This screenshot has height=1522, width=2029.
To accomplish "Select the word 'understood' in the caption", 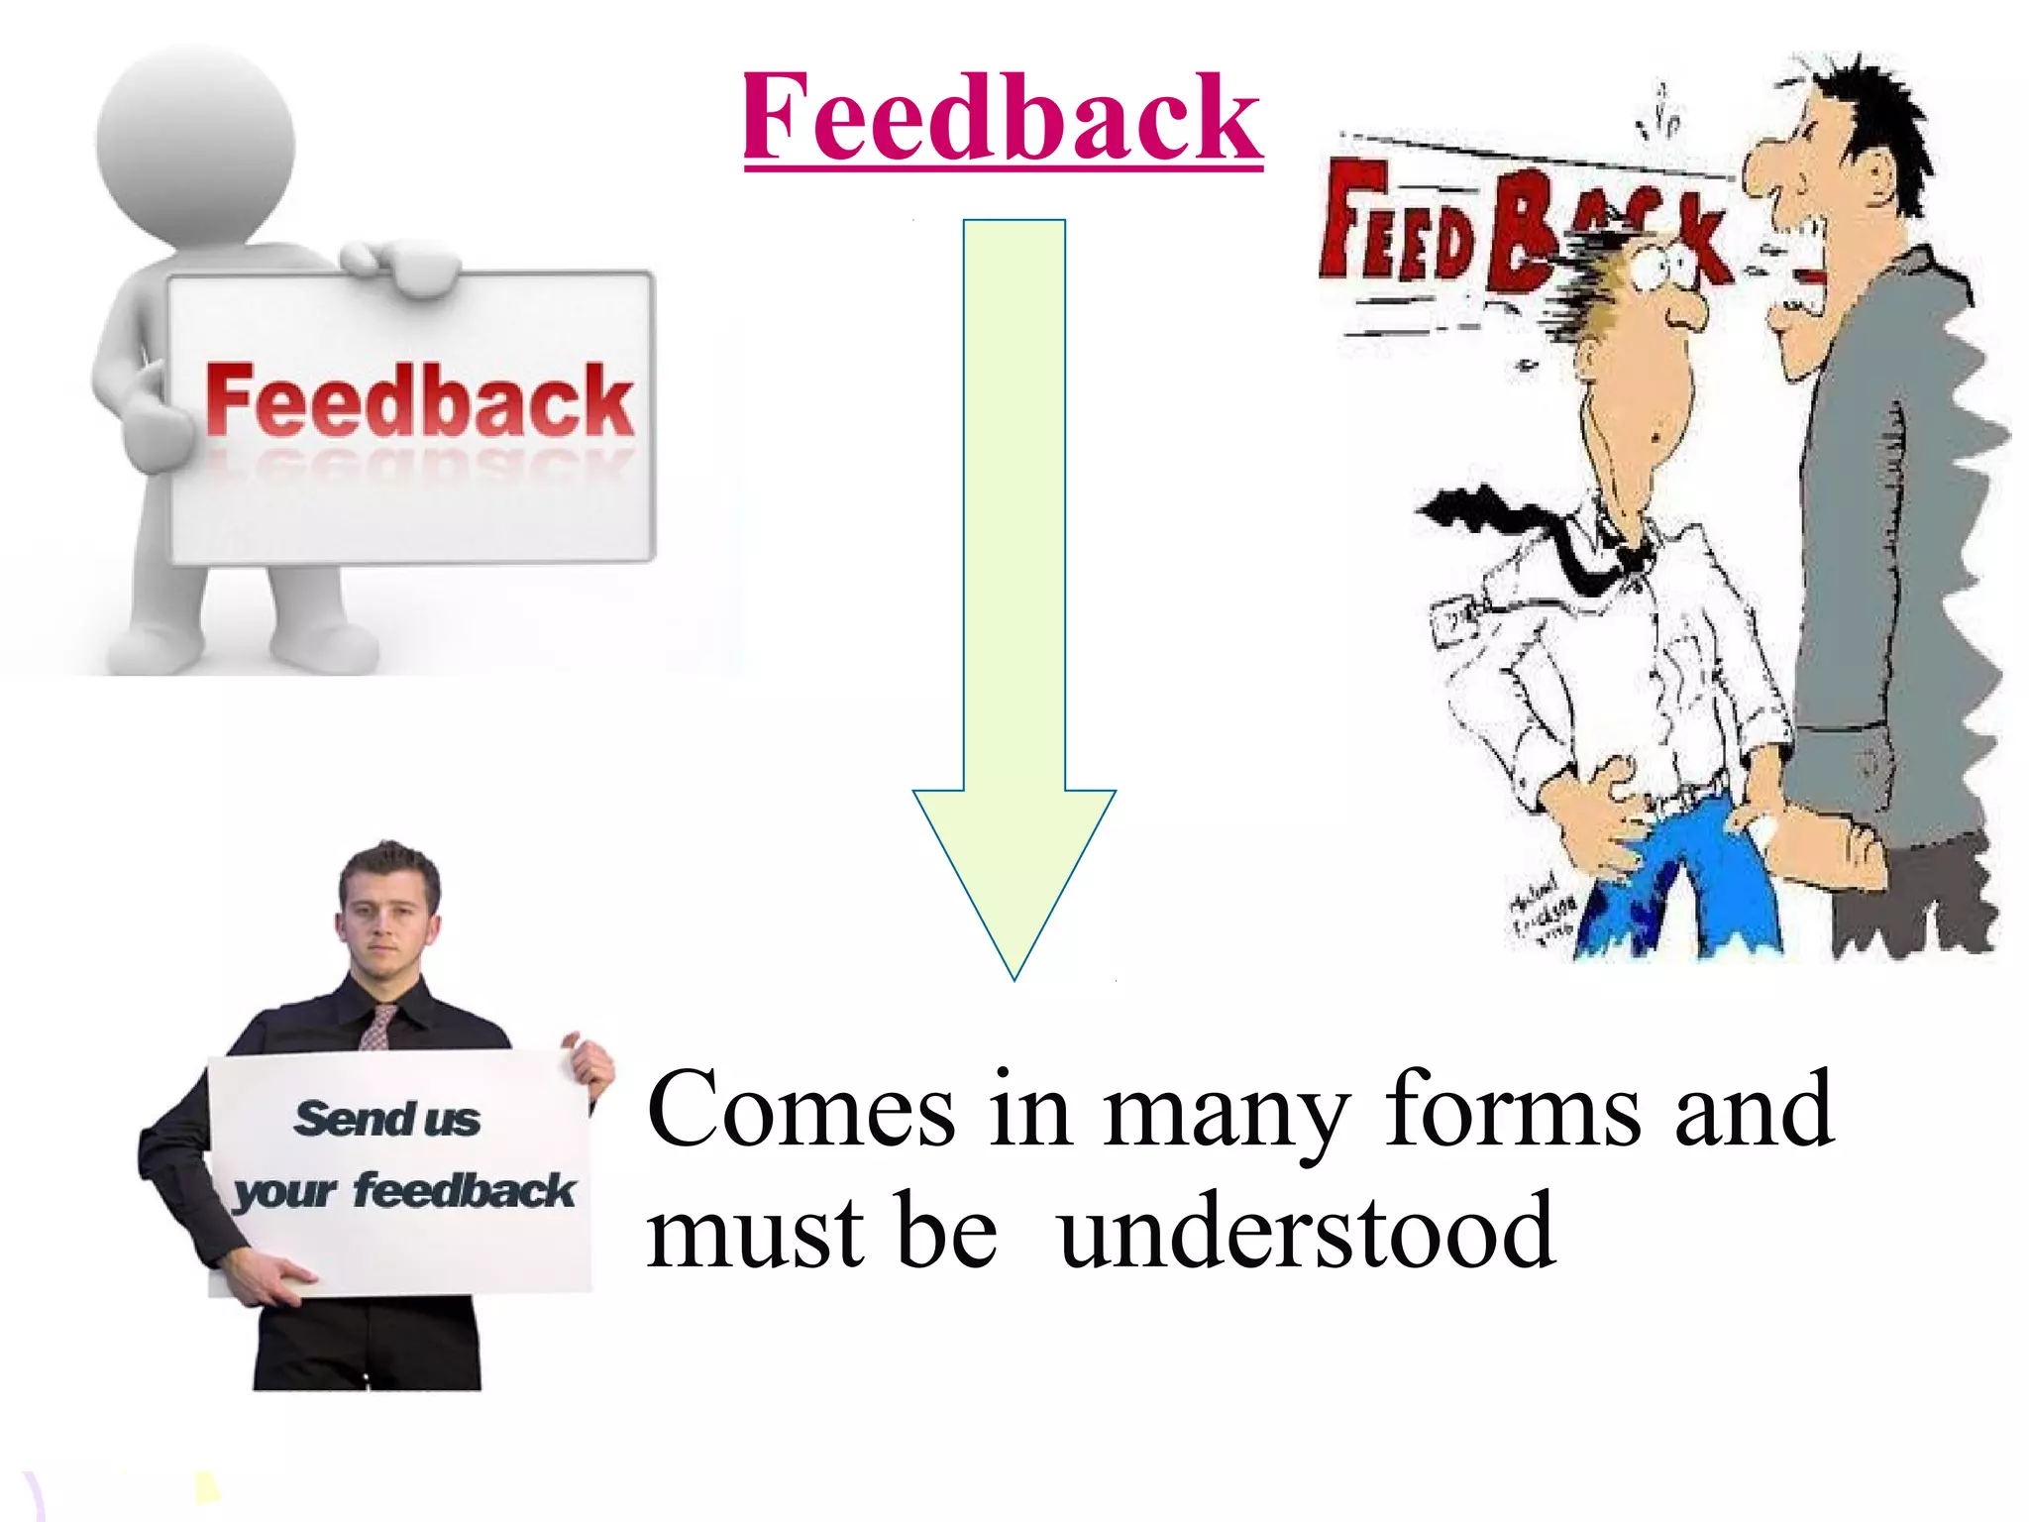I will point(1306,1232).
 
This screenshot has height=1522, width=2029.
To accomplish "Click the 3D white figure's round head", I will point(196,144).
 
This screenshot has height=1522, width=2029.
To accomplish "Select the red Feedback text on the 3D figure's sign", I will point(419,400).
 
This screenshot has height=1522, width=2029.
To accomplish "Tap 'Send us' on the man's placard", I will point(387,1119).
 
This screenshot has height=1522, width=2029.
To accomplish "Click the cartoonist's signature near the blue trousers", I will point(1541,910).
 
